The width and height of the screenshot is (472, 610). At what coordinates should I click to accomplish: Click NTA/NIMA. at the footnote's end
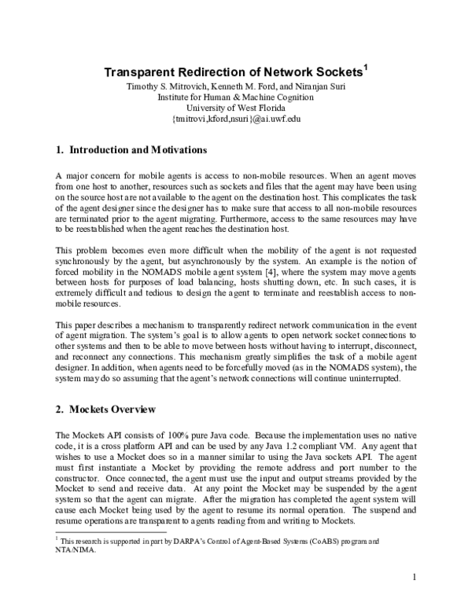coord(76,550)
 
